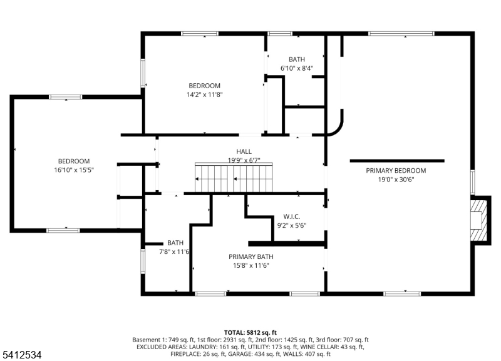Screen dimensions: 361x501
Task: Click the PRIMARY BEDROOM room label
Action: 396,170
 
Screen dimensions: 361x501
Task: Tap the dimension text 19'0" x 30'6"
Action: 396,179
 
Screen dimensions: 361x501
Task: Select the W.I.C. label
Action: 292,216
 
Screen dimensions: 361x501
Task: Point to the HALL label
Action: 244,151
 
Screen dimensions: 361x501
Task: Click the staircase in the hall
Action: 235,178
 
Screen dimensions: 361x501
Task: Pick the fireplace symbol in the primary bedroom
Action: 479,220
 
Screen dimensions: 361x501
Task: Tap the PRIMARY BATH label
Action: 250,257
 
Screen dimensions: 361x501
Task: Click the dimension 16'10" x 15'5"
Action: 74,170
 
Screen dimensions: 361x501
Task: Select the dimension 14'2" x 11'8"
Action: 205,94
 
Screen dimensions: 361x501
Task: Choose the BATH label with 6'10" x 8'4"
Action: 296,59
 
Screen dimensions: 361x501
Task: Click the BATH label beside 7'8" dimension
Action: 175,243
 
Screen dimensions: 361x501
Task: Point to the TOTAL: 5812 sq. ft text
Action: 250,332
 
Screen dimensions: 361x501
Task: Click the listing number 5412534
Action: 22,355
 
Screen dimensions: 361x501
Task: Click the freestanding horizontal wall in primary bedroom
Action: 396,161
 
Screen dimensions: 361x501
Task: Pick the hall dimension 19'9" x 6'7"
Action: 244,160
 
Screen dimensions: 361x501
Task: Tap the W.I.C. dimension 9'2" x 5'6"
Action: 292,225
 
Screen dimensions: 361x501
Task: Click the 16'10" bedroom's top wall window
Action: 66,97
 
